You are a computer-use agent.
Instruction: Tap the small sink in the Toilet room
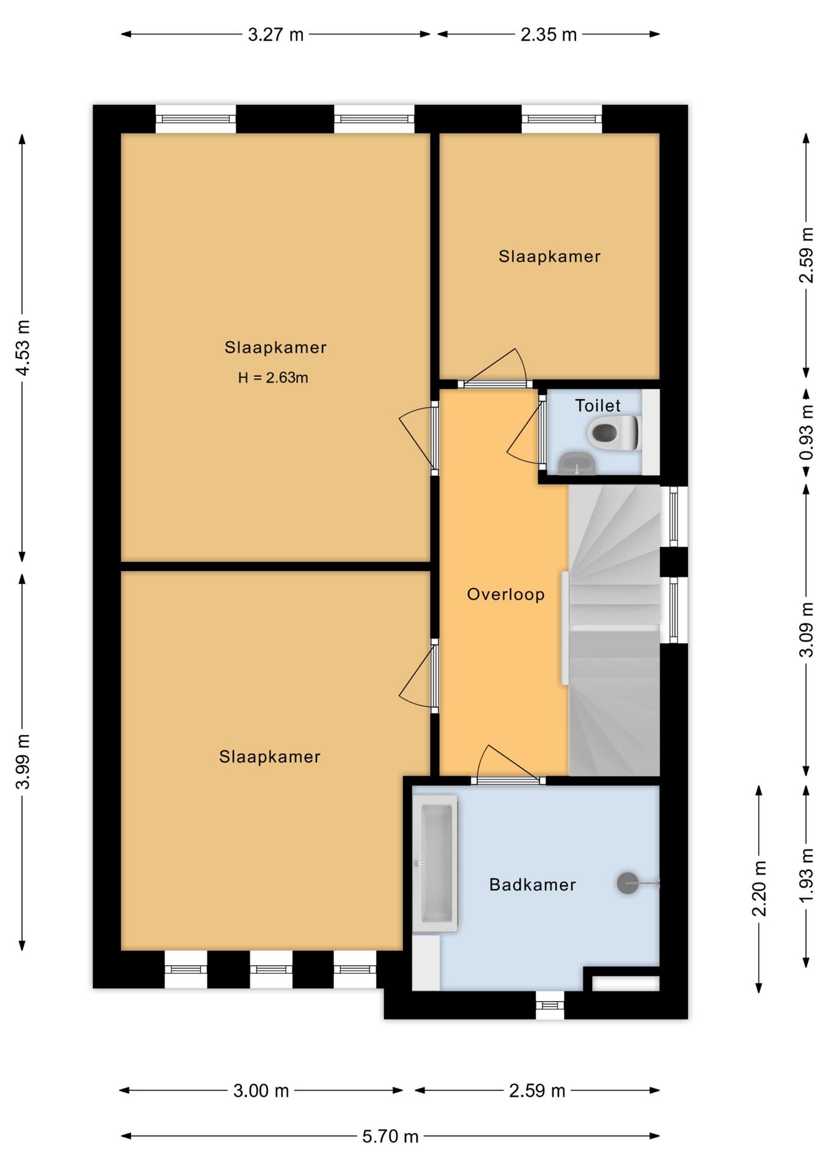point(577,463)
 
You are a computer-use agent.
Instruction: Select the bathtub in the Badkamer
point(435,863)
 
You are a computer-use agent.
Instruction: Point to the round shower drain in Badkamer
point(627,882)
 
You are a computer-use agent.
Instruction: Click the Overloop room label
point(505,594)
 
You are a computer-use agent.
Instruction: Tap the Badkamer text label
point(532,884)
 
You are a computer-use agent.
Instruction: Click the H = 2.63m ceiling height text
point(273,378)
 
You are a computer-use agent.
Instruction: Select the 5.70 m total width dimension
point(390,1136)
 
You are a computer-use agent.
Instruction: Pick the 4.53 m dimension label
point(23,347)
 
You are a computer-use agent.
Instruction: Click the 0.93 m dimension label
point(806,433)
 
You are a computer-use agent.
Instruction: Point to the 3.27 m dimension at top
point(276,35)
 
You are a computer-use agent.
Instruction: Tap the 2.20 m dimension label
point(759,888)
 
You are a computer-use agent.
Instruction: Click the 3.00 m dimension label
point(261,1091)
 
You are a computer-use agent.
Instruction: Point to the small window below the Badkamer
point(550,1005)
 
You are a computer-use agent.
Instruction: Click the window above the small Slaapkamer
point(562,119)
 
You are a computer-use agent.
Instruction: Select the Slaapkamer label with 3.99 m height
point(269,757)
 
